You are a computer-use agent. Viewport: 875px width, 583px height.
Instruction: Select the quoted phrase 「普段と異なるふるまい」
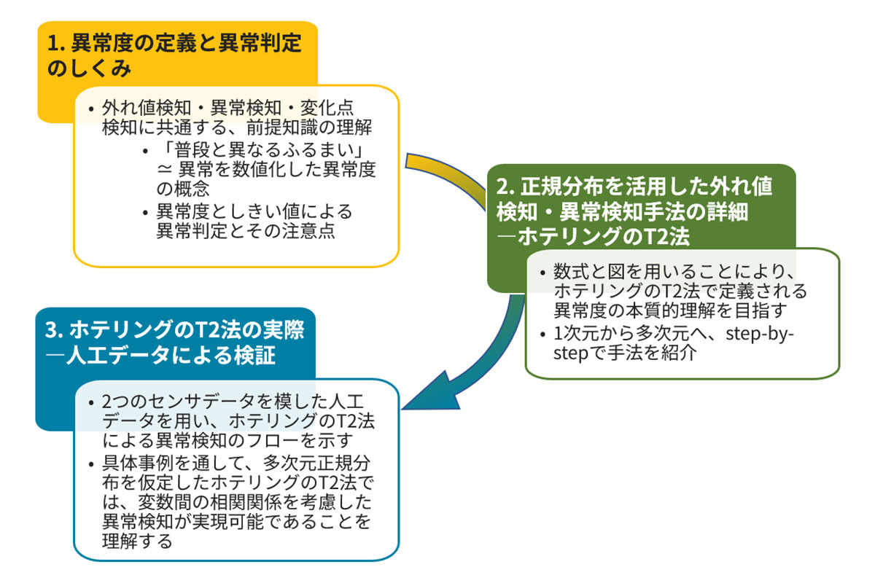click(x=260, y=151)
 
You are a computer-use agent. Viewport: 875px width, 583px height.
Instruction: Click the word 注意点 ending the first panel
click(x=310, y=232)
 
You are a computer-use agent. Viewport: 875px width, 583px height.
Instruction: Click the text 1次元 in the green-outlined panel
click(x=576, y=335)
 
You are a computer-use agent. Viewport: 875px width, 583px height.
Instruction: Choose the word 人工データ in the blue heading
click(x=110, y=356)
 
